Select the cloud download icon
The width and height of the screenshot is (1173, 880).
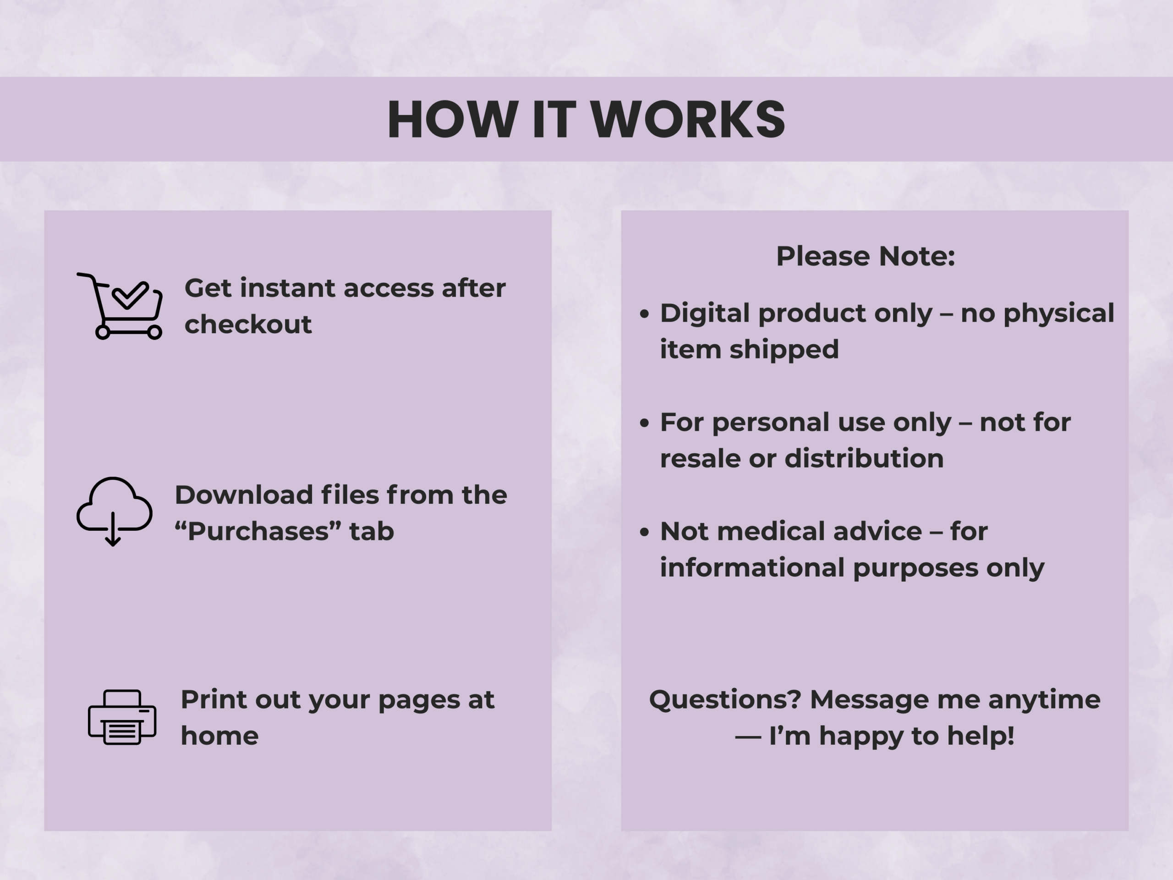[115, 511]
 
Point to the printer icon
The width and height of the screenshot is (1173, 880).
[122, 717]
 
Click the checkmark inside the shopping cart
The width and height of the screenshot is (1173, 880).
[130, 295]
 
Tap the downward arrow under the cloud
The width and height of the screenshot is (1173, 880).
[113, 529]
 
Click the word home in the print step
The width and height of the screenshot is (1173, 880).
[219, 736]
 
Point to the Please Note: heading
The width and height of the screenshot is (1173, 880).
[866, 256]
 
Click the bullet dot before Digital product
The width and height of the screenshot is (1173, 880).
[644, 314]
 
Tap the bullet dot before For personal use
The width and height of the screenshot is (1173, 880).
[644, 423]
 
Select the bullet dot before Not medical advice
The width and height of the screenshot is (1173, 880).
[644, 532]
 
